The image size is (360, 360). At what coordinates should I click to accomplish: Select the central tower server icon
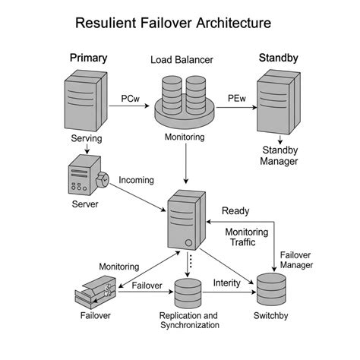[x=185, y=219]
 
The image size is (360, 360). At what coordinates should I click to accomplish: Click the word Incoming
[x=136, y=180]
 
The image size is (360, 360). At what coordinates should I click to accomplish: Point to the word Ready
[x=235, y=210]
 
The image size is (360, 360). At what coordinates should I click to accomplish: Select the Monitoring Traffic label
[x=245, y=238]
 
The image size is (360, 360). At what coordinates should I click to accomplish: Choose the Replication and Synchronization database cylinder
[x=188, y=292]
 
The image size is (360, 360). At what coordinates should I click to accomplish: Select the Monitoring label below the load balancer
[x=185, y=137]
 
